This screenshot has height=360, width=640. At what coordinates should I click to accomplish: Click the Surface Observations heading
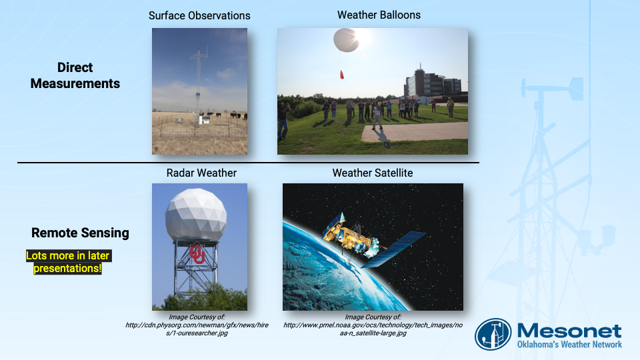[199, 15]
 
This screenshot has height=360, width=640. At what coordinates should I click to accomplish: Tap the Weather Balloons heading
[379, 15]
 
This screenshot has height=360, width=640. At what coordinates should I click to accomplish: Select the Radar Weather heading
[201, 173]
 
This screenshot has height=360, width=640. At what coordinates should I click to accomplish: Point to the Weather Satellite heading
[373, 173]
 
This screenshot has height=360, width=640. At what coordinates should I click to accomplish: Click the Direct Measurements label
[75, 75]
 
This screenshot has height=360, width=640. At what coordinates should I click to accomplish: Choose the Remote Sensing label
[80, 233]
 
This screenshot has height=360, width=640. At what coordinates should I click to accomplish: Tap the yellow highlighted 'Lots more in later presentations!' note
[68, 262]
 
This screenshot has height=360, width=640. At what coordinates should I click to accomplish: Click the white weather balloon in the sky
[346, 40]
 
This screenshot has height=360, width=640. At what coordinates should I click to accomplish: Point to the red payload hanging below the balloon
[341, 74]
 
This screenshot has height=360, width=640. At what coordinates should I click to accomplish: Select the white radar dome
[196, 214]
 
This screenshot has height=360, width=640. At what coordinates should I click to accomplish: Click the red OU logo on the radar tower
[197, 253]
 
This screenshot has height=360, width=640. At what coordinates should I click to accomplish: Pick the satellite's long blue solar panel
[394, 249]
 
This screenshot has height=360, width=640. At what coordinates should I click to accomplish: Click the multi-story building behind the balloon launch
[433, 84]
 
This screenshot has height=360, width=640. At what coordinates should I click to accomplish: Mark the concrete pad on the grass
[414, 132]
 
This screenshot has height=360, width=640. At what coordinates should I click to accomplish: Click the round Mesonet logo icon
[493, 334]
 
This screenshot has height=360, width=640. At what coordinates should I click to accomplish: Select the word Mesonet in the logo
[569, 331]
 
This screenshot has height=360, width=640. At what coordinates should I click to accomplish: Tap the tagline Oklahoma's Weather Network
[569, 345]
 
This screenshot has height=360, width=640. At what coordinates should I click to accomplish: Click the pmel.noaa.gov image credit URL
[373, 329]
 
